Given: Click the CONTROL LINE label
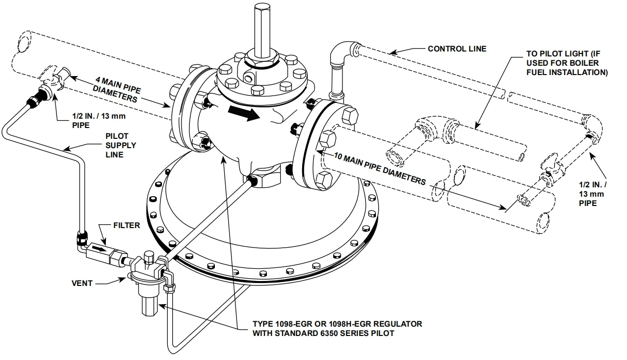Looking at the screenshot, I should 457,49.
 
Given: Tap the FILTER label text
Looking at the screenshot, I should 127,226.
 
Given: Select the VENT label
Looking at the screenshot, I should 82,283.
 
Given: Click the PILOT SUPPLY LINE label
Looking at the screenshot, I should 121,145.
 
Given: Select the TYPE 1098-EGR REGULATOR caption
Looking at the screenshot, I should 337,329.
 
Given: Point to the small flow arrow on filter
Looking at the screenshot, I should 99,249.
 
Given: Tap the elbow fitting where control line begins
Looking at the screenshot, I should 340,52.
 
